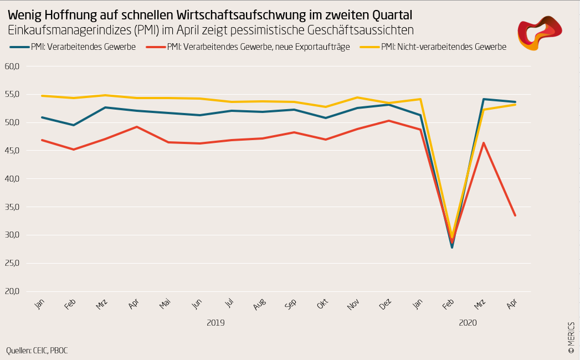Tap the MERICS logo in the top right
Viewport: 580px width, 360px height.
pyautogui.click(x=539, y=33)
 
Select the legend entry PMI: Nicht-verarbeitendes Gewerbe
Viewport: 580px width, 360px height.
pyautogui.click(x=443, y=47)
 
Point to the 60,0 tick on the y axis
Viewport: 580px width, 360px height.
pyautogui.click(x=12, y=66)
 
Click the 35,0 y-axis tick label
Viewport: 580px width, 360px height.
pyautogui.click(x=12, y=207)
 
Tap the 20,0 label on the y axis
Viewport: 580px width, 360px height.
pyautogui.click(x=12, y=291)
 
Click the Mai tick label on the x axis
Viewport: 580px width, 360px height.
pyautogui.click(x=165, y=304)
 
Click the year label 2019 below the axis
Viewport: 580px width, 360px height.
pyautogui.click(x=215, y=322)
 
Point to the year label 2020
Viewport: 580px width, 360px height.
pyautogui.click(x=468, y=322)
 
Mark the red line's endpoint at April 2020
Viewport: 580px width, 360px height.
pyautogui.click(x=515, y=215)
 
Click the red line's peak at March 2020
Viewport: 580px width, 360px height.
pyautogui.click(x=484, y=143)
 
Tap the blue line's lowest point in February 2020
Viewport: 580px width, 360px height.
pyautogui.click(x=452, y=247)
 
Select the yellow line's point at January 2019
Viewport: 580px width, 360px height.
pyautogui.click(x=42, y=96)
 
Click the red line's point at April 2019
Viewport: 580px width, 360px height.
pyautogui.click(x=137, y=127)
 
